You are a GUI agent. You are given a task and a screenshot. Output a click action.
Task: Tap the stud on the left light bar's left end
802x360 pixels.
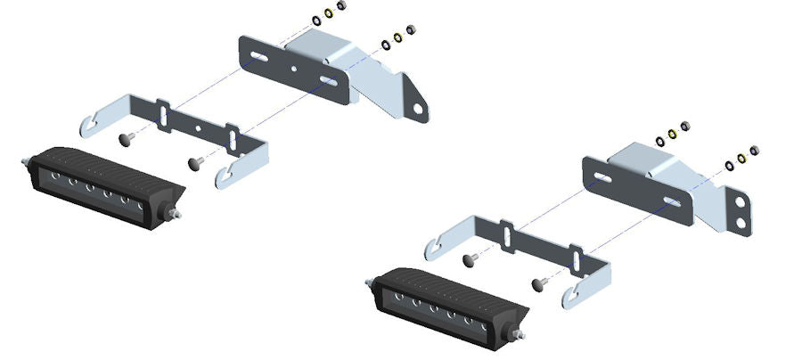(24, 161)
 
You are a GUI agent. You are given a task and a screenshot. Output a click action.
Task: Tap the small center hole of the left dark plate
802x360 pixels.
(295, 68)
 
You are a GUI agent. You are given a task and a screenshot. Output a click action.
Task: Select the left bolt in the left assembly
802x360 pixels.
(127, 138)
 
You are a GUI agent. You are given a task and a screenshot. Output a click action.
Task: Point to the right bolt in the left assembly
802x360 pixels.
(197, 162)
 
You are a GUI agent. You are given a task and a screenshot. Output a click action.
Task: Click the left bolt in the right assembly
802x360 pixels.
(471, 259)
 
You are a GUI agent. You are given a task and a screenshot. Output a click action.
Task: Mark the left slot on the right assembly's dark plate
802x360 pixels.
(603, 178)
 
